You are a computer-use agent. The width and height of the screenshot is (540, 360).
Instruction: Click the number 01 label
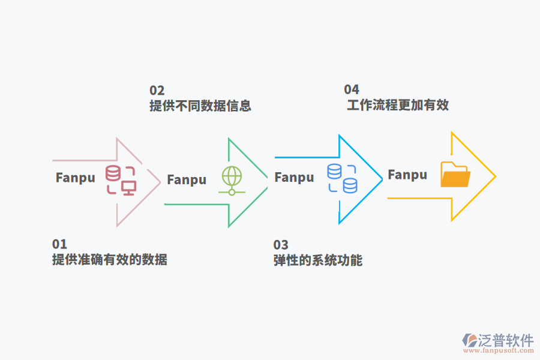[x=59, y=244]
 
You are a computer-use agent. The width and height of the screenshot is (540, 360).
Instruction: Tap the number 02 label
[x=157, y=91]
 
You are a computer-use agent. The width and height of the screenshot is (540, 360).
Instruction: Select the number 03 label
[x=281, y=245]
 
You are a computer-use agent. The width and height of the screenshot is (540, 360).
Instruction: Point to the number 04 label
[x=351, y=90]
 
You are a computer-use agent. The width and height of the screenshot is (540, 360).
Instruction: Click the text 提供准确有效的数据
[x=109, y=260]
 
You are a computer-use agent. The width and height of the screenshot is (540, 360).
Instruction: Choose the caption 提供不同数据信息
[x=200, y=106]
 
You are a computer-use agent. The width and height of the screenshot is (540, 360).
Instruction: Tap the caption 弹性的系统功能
[x=318, y=261]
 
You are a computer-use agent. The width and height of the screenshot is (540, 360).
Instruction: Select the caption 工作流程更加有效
[x=398, y=106]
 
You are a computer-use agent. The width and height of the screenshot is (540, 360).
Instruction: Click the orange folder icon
[x=455, y=175]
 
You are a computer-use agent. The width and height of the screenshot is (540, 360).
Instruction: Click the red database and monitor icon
[x=121, y=180]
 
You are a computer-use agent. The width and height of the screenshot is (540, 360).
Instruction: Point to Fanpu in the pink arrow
[x=76, y=178]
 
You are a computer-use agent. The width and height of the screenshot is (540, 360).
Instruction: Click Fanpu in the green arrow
[x=187, y=179]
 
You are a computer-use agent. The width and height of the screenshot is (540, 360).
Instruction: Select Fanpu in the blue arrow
[x=294, y=177]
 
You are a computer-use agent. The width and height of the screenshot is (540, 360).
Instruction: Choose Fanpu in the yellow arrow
[x=407, y=175]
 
